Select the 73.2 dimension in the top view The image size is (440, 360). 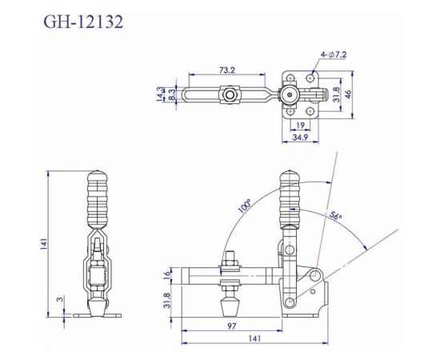click(229, 70)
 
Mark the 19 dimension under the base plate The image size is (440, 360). click(300, 126)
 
